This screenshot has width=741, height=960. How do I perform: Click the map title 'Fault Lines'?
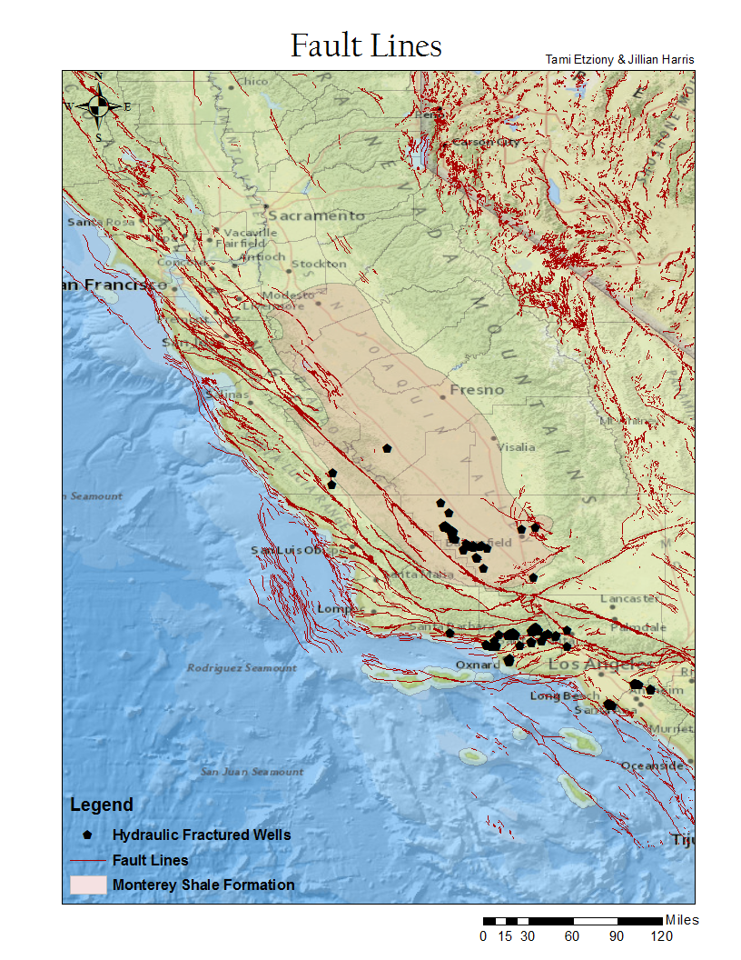click(x=366, y=45)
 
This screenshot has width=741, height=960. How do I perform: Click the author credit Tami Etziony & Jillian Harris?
click(x=619, y=59)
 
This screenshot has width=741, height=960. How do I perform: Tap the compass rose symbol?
click(x=99, y=106)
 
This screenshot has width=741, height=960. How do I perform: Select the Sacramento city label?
click(x=316, y=215)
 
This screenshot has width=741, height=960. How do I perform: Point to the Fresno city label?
click(x=477, y=389)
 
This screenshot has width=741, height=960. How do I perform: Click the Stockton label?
click(x=319, y=264)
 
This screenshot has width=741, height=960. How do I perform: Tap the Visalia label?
click(x=516, y=446)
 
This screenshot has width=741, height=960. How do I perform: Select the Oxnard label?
click(x=478, y=665)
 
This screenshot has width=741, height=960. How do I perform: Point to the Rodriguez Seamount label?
click(x=242, y=667)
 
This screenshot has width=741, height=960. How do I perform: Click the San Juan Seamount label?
click(x=252, y=772)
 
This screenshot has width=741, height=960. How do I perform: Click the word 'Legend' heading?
click(x=102, y=805)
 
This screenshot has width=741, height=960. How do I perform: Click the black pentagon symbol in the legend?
click(x=88, y=834)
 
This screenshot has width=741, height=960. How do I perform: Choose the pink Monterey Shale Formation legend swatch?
click(x=88, y=885)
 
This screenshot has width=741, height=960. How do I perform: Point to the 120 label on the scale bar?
click(x=661, y=936)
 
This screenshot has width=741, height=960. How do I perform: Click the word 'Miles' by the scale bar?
click(x=682, y=920)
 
